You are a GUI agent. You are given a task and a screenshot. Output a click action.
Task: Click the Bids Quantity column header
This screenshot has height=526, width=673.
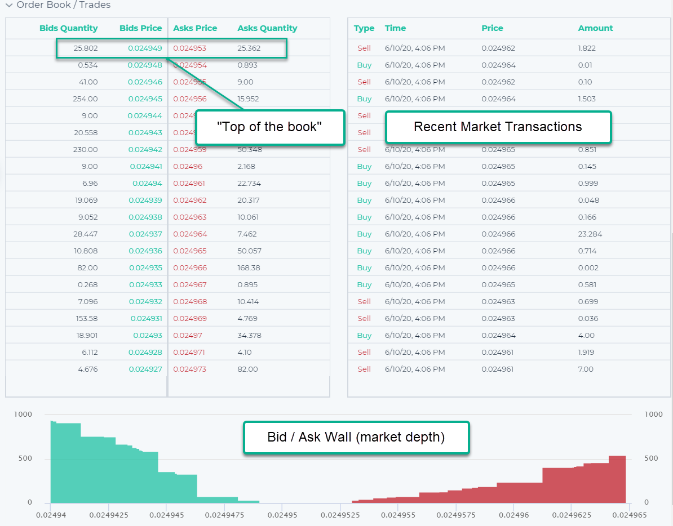tap(68, 28)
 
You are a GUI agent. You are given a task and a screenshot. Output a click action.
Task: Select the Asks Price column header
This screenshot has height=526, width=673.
tap(195, 28)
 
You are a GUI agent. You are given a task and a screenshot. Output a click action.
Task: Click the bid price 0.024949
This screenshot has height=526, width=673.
tap(145, 48)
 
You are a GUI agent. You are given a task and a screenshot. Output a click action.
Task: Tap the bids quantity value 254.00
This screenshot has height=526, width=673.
tap(85, 99)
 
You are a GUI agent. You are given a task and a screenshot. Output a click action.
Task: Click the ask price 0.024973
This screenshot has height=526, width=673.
tap(189, 369)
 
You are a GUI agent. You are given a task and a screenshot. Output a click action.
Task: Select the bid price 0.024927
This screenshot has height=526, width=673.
tap(145, 369)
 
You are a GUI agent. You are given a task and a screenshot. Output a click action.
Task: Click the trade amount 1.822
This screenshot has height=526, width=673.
tap(587, 48)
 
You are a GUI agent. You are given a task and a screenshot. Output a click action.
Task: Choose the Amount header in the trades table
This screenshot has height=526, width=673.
tap(595, 28)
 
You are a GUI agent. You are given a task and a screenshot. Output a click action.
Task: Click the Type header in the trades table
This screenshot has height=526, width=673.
tap(364, 28)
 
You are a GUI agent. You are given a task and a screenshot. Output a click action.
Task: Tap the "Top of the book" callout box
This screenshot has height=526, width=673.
tap(269, 127)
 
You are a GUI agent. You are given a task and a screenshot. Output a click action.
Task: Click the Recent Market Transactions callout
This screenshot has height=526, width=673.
tap(498, 127)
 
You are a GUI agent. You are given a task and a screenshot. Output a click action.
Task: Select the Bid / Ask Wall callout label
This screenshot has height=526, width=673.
tap(356, 437)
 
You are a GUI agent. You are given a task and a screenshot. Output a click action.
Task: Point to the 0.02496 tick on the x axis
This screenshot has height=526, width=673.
tap(513, 515)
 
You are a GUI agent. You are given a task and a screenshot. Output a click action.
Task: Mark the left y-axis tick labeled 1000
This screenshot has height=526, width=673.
tap(23, 414)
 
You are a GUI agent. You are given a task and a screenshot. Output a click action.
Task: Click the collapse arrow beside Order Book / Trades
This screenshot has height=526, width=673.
tap(9, 5)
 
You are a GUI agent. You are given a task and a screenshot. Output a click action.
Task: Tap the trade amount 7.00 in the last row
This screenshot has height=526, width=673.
tap(586, 369)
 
